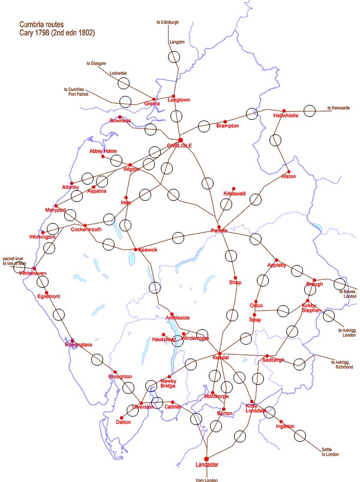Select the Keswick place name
tap(147, 250)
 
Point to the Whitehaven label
tap(32, 273)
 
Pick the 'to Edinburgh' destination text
tap(167, 22)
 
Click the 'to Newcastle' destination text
tap(338, 108)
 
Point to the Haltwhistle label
tap(285, 116)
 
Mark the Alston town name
tap(289, 176)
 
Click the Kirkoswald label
tap(235, 195)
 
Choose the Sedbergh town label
tap(273, 360)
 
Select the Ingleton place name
tap(285, 426)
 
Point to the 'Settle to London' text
tap(330, 451)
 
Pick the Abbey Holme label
tap(103, 151)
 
